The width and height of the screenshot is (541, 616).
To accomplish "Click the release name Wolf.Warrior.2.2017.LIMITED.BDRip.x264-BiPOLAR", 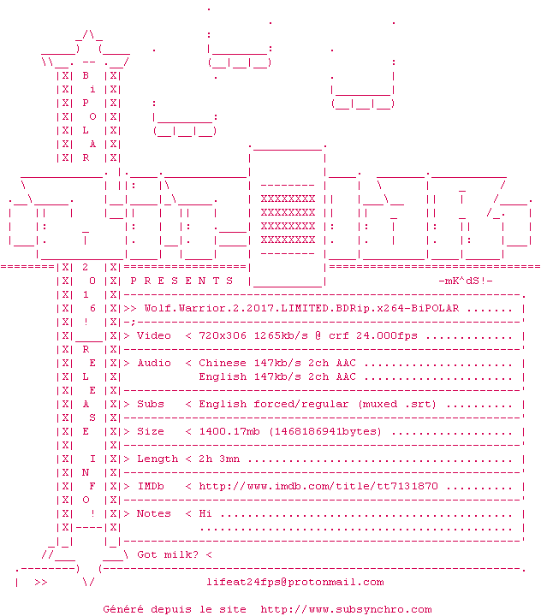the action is point(301,308).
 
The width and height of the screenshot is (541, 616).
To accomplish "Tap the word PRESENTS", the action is point(181,281).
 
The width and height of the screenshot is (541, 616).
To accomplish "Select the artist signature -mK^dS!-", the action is point(466,281).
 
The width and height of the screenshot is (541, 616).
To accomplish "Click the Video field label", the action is point(154,336).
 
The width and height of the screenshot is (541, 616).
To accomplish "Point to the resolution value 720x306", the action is point(223,336).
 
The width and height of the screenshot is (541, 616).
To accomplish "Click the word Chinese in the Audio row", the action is point(223,363).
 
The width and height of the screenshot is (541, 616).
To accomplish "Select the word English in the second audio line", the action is point(223,376).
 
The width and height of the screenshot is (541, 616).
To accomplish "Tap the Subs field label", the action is point(151,404).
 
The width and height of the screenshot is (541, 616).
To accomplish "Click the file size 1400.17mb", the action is point(229,431).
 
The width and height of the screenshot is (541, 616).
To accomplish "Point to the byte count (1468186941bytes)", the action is point(325,431).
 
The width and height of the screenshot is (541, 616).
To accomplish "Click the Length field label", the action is point(158,459).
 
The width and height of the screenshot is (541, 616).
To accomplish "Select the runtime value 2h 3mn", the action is point(219,459).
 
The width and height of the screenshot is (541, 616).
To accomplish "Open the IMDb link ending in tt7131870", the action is point(318,486).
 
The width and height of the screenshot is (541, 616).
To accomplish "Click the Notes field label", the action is point(154,513).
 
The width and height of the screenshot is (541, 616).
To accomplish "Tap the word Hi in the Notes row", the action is point(205,513).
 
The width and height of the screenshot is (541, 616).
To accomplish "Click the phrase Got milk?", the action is point(168,554).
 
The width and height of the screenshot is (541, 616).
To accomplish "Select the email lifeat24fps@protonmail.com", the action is point(295,583).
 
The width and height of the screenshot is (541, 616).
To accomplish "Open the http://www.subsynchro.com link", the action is point(346,609).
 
